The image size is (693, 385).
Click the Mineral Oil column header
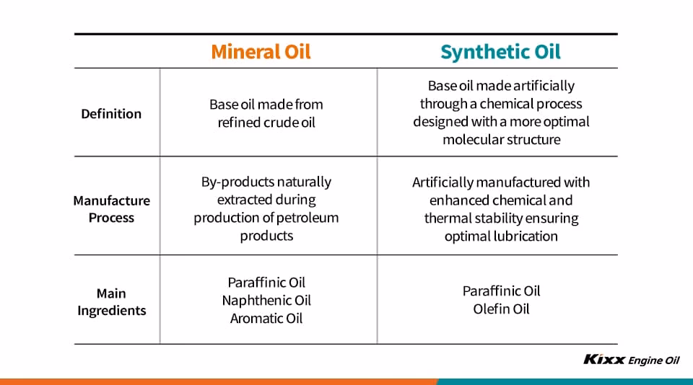point(261,52)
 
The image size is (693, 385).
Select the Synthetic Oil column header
point(500,52)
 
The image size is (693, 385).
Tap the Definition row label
point(111,113)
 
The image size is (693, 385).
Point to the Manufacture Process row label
point(111,209)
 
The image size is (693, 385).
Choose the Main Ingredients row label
point(111,302)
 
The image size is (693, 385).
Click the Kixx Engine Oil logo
point(631,360)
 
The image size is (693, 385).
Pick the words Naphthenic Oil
point(266,301)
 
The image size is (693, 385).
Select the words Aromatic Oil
point(266,319)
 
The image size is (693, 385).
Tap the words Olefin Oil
point(501,309)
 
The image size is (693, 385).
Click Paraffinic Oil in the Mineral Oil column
point(266,283)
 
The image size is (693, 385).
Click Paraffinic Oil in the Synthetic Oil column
point(501,291)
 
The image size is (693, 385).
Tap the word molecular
point(472,139)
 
